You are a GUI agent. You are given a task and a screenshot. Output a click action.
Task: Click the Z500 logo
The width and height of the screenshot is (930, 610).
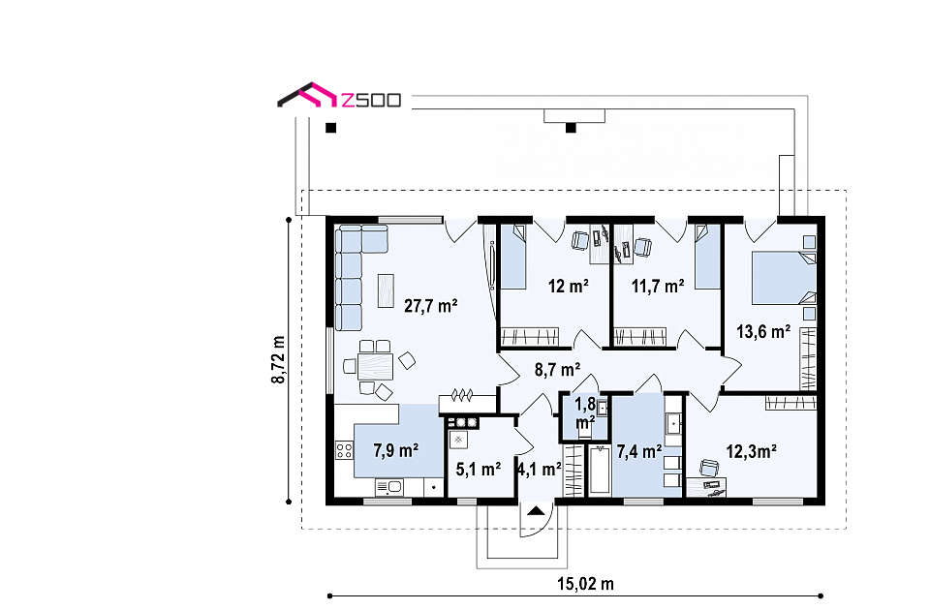(339, 96)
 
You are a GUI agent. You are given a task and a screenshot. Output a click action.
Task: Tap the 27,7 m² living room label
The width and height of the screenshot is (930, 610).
(430, 306)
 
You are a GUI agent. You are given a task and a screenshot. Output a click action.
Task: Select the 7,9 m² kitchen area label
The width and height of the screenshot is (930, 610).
(396, 450)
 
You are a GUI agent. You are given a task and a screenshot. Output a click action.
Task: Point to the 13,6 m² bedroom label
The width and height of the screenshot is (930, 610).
(763, 331)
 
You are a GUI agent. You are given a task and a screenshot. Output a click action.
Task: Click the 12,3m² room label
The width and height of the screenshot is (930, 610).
(752, 452)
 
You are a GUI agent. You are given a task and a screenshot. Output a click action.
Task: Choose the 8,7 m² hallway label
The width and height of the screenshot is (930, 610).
(558, 370)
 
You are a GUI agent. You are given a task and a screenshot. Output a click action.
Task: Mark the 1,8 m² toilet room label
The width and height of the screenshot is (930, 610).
(585, 413)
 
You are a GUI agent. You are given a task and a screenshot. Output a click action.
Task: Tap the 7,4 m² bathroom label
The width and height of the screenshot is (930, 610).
(639, 452)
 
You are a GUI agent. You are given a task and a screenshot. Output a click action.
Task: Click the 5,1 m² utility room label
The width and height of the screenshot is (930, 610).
(479, 470)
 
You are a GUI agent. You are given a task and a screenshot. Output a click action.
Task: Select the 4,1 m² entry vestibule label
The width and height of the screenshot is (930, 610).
(540, 470)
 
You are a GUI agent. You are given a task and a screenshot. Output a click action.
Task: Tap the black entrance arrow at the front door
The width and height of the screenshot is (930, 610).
(536, 510)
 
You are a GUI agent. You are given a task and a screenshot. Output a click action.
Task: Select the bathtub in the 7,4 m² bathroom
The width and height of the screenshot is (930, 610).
(599, 470)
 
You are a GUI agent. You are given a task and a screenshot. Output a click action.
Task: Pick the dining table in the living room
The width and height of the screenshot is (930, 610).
(375, 366)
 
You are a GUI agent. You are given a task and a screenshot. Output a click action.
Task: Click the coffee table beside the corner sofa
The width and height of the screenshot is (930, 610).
(387, 290)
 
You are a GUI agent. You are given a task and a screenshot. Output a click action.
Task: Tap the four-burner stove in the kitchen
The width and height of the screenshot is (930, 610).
(345, 450)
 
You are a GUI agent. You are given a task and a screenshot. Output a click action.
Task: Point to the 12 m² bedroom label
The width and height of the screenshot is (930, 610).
(569, 287)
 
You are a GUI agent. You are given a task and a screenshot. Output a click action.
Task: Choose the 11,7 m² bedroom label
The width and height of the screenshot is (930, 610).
(658, 287)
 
